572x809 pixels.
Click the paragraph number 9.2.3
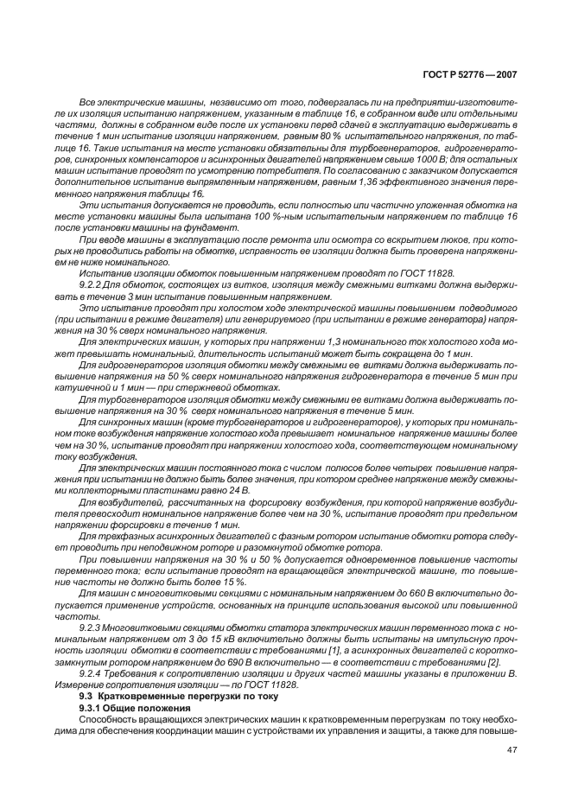click(92, 625)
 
